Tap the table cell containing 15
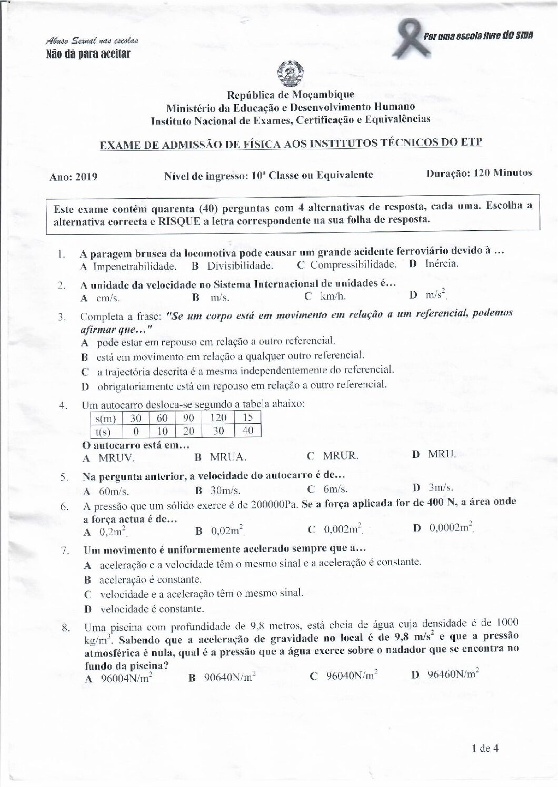(248, 418)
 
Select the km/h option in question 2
(333, 296)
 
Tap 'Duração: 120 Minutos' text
(479, 172)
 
